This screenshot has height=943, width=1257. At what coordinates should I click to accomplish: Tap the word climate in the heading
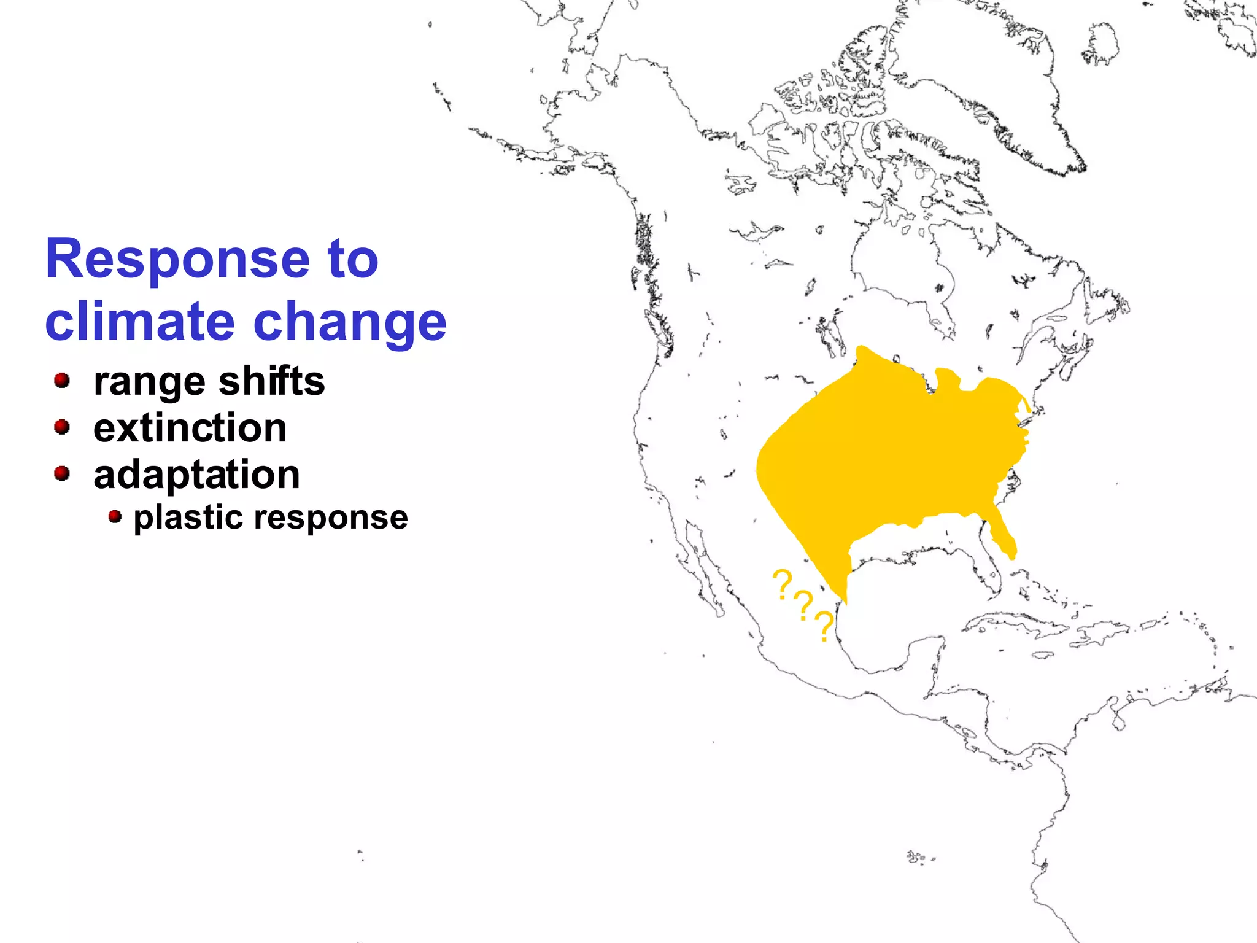(x=140, y=322)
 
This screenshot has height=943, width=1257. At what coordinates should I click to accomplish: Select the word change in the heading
(x=350, y=323)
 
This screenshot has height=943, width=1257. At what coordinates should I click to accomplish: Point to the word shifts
(x=271, y=381)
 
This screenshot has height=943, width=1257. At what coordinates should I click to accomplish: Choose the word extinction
(x=190, y=428)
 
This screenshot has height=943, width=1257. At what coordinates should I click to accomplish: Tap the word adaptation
(x=196, y=475)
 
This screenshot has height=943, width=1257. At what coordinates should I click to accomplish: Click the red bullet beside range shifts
(x=61, y=381)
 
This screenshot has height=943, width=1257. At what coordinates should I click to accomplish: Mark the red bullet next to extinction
(x=61, y=427)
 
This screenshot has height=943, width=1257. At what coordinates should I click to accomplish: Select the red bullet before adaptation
(x=61, y=473)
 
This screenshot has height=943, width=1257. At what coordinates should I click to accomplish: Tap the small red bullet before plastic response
(x=114, y=516)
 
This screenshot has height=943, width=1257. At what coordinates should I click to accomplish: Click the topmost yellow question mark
(x=781, y=583)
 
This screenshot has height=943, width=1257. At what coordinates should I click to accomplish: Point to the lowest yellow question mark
(x=824, y=626)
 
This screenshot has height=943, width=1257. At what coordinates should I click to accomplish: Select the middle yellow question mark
(x=803, y=605)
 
